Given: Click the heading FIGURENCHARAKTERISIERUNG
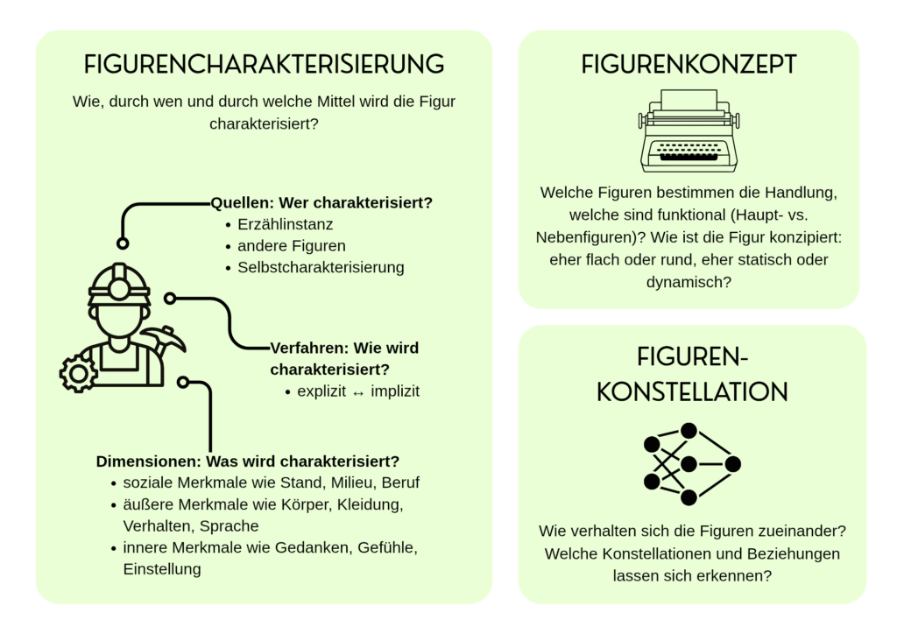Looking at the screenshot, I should (264, 64).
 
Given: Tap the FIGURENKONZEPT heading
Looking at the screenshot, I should (689, 64).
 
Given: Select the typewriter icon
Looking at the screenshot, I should (689, 130).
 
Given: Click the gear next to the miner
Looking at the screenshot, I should (78, 373).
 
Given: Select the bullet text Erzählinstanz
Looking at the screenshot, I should (285, 224).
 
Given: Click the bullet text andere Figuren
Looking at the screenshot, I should (292, 246).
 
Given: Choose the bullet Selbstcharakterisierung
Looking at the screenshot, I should (321, 267).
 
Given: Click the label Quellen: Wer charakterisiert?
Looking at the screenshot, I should (321, 203).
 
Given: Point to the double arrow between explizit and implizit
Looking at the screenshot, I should (357, 391).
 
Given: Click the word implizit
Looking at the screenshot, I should (395, 391).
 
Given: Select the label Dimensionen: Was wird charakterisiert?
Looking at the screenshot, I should (248, 461).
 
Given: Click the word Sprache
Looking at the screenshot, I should (230, 526).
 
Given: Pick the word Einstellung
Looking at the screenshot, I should (162, 569).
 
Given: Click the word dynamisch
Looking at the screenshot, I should (689, 282).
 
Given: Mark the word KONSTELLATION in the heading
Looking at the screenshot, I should (692, 391).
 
